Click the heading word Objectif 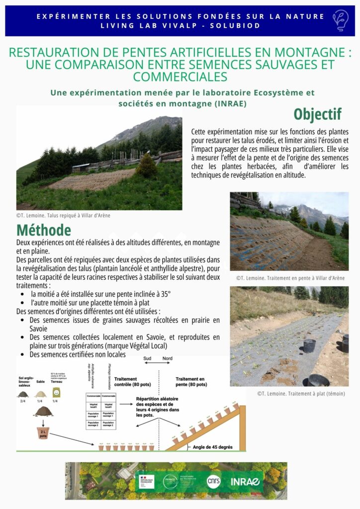click(x=317, y=114)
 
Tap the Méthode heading click(x=44, y=230)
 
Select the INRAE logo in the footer click(x=245, y=481)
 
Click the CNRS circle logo click(x=213, y=481)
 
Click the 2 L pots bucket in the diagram click(x=43, y=432)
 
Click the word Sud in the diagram click(x=147, y=358)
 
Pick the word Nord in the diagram click(x=168, y=358)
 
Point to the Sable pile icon click(x=40, y=394)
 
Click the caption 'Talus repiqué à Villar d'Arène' click(x=63, y=215)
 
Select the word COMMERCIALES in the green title click(x=180, y=77)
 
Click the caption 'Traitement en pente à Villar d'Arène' click(x=290, y=278)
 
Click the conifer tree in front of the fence click(x=147, y=167)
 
